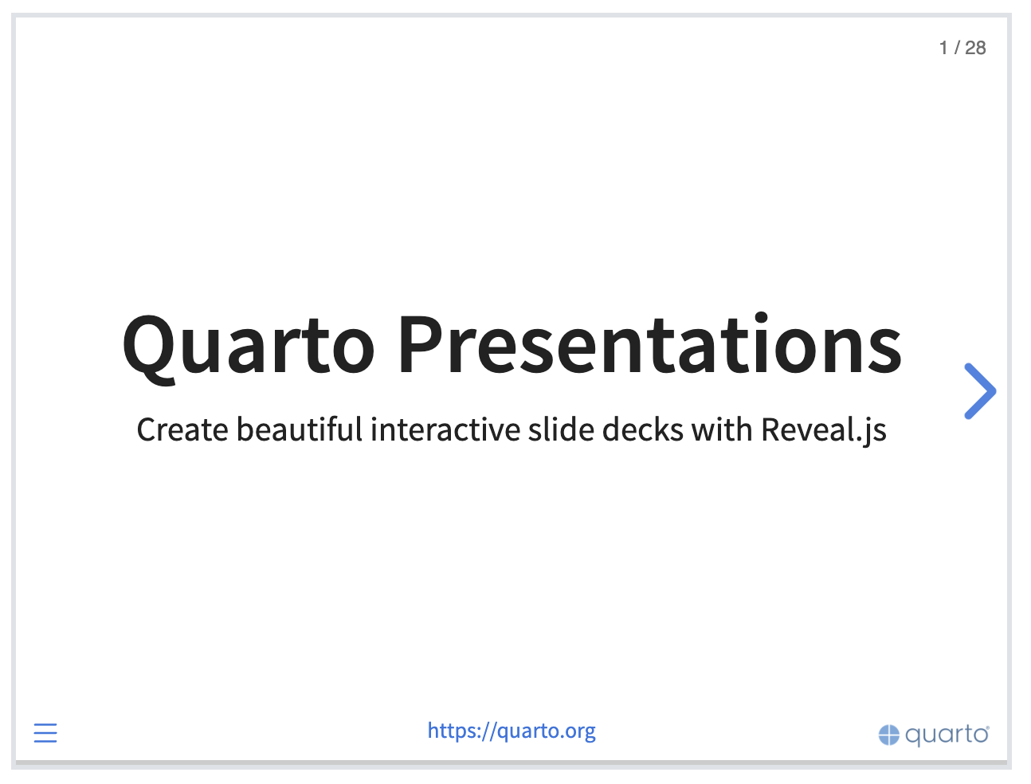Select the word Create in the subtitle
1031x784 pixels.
(x=182, y=429)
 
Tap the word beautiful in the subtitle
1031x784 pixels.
(x=300, y=429)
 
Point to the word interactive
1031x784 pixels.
(x=445, y=429)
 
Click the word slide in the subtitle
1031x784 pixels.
(x=561, y=429)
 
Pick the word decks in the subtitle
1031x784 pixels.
(x=642, y=429)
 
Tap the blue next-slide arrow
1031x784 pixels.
(x=980, y=391)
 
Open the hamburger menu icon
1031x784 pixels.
(x=45, y=733)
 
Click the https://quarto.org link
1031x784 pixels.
(x=512, y=731)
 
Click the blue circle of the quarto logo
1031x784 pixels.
(x=888, y=735)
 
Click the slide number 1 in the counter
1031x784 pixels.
(x=943, y=48)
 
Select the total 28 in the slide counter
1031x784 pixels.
(x=975, y=48)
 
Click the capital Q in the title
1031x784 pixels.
(x=149, y=350)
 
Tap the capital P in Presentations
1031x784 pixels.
(x=421, y=344)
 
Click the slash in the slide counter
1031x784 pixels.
(x=957, y=48)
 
